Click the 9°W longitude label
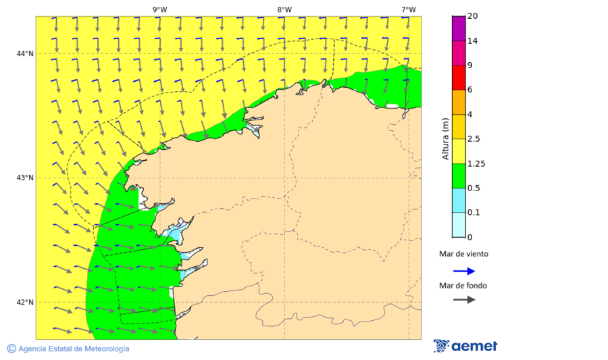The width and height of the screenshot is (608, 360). (x=159, y=9)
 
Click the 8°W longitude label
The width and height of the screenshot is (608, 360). (x=284, y=9)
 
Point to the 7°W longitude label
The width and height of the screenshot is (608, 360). (x=408, y=9)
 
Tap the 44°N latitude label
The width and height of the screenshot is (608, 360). (x=26, y=54)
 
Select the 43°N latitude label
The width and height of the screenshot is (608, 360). (x=26, y=178)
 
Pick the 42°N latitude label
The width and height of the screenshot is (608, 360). (x=26, y=302)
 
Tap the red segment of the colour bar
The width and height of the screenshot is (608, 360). (x=459, y=77)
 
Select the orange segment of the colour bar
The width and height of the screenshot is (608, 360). (x=459, y=102)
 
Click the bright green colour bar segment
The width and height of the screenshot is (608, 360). (x=459, y=176)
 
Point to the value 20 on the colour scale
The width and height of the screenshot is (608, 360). (x=473, y=16)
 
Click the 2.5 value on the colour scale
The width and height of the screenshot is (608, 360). (x=475, y=139)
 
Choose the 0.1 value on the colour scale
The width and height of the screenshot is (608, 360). (x=474, y=213)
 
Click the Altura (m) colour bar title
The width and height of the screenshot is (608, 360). (x=445, y=138)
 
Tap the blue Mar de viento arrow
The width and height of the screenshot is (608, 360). (x=463, y=271)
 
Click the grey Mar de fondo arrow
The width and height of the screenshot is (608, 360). (x=463, y=300)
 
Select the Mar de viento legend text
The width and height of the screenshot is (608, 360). (x=463, y=255)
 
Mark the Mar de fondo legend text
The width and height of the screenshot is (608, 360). (x=463, y=286)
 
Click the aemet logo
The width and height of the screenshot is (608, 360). (x=465, y=346)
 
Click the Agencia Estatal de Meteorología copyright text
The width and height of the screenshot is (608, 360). (x=68, y=349)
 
